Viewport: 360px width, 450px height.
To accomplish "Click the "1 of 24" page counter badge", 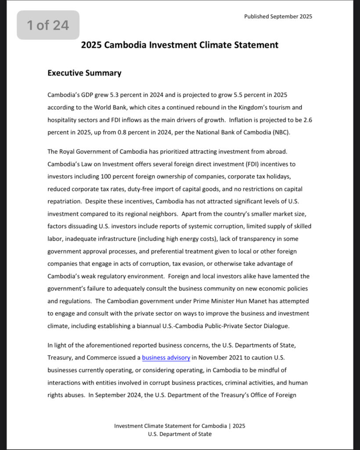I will point(48,25).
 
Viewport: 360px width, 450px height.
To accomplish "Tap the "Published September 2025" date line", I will point(278,17).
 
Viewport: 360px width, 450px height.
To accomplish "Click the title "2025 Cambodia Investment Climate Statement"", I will point(180,45).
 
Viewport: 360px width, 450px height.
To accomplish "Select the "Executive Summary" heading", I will point(84,73).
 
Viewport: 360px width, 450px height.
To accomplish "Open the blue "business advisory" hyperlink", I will point(166,358).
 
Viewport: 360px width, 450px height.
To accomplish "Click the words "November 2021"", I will point(218,358).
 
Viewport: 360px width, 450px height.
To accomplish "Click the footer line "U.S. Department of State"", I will point(180,434).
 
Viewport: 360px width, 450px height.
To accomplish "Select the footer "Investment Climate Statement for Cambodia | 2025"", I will point(180,426).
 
